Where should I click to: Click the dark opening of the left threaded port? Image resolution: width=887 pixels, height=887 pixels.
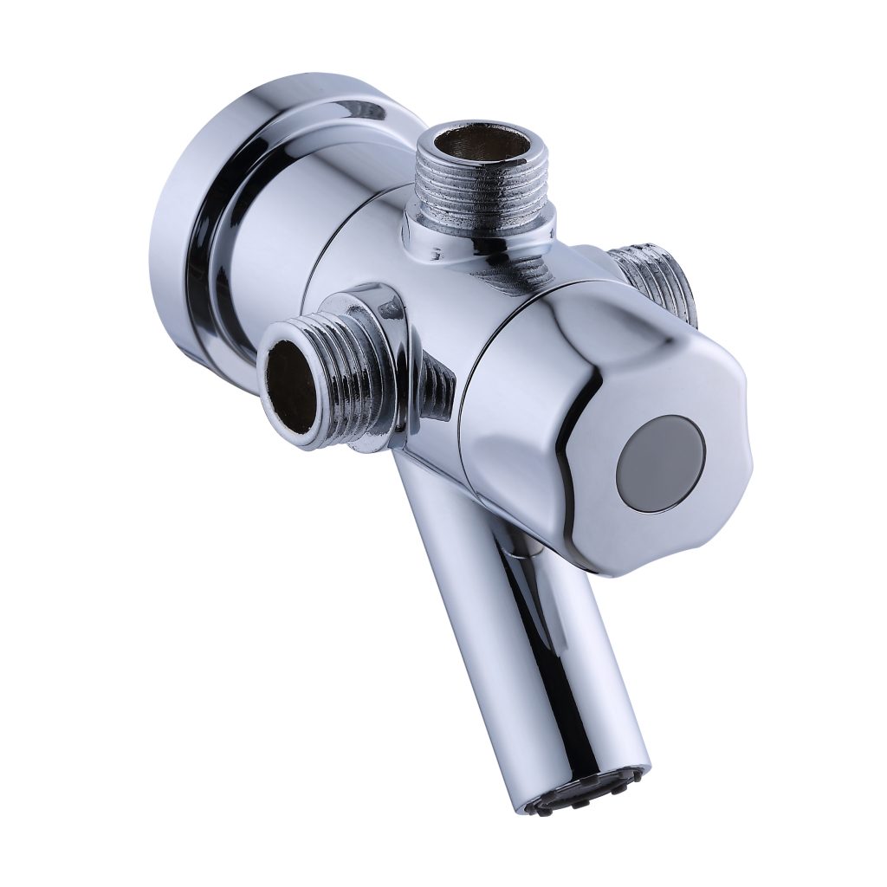291,385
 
